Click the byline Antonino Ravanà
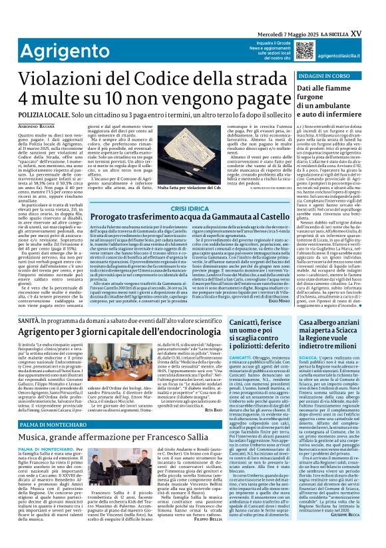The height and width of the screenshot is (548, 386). click(38, 127)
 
